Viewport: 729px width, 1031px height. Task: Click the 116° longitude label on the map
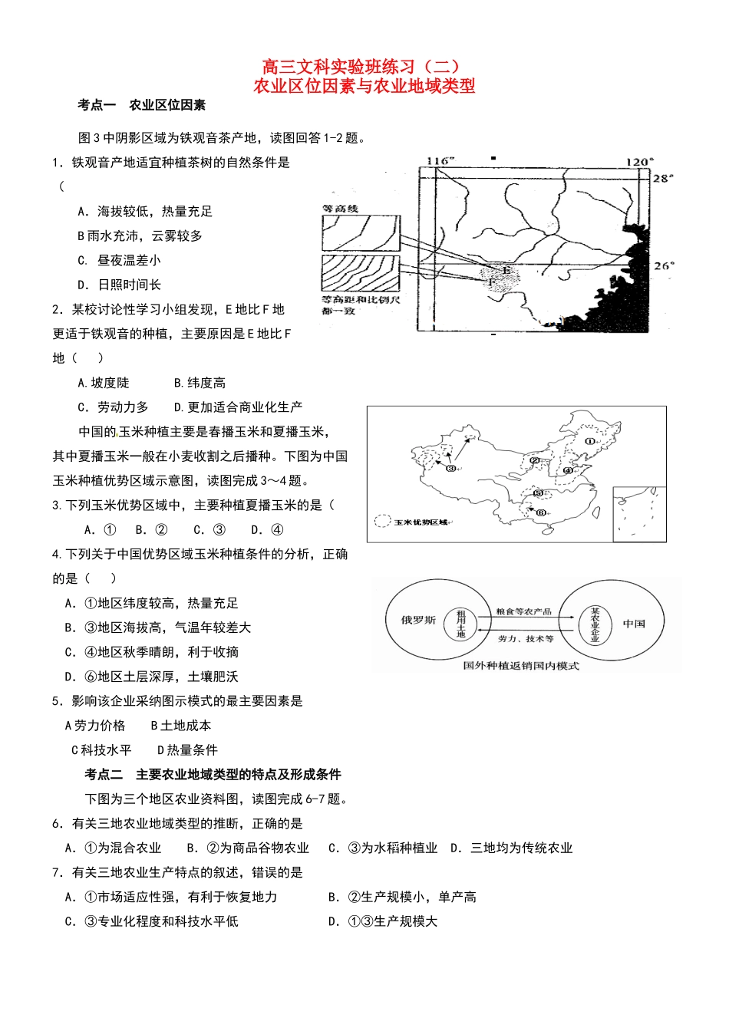click(x=440, y=161)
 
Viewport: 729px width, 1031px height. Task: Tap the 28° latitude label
click(x=662, y=178)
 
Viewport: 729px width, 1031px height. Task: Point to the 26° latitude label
click(x=664, y=265)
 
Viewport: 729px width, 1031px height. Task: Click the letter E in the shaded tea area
click(x=506, y=270)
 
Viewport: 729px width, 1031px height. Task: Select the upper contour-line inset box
click(x=361, y=232)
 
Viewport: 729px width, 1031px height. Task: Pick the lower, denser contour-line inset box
click(x=361, y=274)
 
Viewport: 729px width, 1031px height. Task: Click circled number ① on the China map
click(x=589, y=441)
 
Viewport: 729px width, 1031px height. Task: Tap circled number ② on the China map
click(x=535, y=461)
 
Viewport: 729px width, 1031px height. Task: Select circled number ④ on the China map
click(x=568, y=470)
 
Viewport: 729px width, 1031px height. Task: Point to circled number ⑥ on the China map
click(x=540, y=512)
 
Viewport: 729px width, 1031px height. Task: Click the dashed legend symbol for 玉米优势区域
click(x=383, y=522)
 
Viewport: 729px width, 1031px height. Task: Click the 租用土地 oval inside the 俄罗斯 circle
click(x=461, y=624)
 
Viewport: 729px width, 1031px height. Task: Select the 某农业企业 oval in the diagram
click(x=595, y=625)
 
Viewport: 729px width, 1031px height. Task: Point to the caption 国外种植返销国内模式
click(x=521, y=666)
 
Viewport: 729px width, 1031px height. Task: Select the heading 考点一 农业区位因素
click(x=141, y=105)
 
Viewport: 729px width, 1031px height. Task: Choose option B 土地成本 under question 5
click(x=181, y=726)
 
